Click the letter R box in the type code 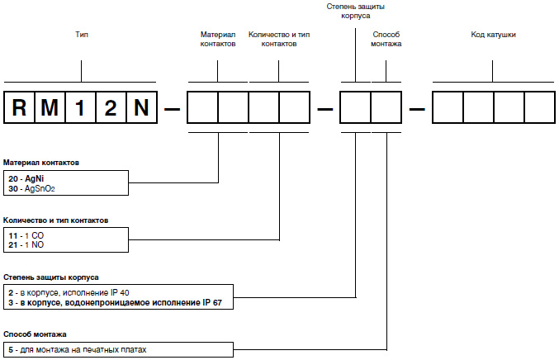pyautogui.click(x=20, y=108)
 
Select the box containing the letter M pyautogui.click(x=50, y=108)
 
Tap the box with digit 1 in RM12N pyautogui.click(x=80, y=108)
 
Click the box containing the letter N pyautogui.click(x=140, y=108)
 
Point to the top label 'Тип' pyautogui.click(x=81, y=36)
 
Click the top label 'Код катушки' pyautogui.click(x=494, y=36)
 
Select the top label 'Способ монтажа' pyautogui.click(x=386, y=40)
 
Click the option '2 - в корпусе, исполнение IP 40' pyautogui.click(x=67, y=292)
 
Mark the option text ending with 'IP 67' pyautogui.click(x=116, y=302)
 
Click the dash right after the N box pyautogui.click(x=171, y=109)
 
